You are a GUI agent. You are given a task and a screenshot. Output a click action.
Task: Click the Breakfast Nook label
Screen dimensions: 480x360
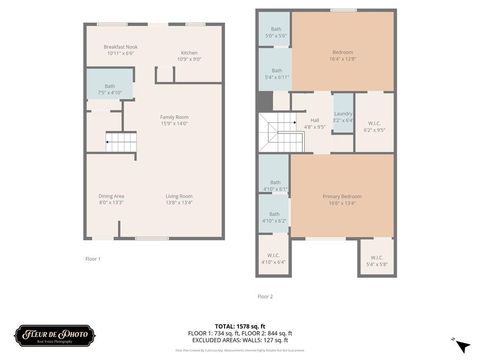120,47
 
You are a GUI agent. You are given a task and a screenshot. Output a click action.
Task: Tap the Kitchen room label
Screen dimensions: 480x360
189,52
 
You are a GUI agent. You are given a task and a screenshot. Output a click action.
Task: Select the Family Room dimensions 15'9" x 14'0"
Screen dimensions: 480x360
174,124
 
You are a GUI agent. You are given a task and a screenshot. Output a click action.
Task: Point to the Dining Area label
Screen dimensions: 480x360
111,196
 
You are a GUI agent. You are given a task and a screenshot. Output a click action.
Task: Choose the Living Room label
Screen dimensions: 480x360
179,196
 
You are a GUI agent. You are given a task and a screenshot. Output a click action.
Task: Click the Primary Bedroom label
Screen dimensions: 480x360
342,196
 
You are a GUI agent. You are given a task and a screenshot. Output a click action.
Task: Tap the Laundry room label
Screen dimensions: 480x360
343,113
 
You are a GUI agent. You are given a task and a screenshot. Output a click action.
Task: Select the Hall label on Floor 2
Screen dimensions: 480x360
315,120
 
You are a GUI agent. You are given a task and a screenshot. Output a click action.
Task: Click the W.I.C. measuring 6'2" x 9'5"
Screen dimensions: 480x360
375,127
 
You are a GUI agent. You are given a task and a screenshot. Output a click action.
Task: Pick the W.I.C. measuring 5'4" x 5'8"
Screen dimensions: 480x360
377,261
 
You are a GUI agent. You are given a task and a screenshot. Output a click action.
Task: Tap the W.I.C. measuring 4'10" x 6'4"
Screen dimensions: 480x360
273,259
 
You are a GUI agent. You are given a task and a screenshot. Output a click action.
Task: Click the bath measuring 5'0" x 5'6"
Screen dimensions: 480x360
276,32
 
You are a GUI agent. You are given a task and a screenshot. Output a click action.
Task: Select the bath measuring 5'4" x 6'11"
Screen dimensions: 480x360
277,74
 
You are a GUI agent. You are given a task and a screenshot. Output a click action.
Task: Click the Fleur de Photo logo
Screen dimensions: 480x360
55,336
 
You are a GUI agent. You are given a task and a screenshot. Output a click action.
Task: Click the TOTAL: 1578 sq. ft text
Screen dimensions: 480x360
240,326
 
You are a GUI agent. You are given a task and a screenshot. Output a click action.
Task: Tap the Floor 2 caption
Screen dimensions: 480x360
265,296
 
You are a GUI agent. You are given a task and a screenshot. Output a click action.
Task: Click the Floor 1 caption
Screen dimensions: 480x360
93,259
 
